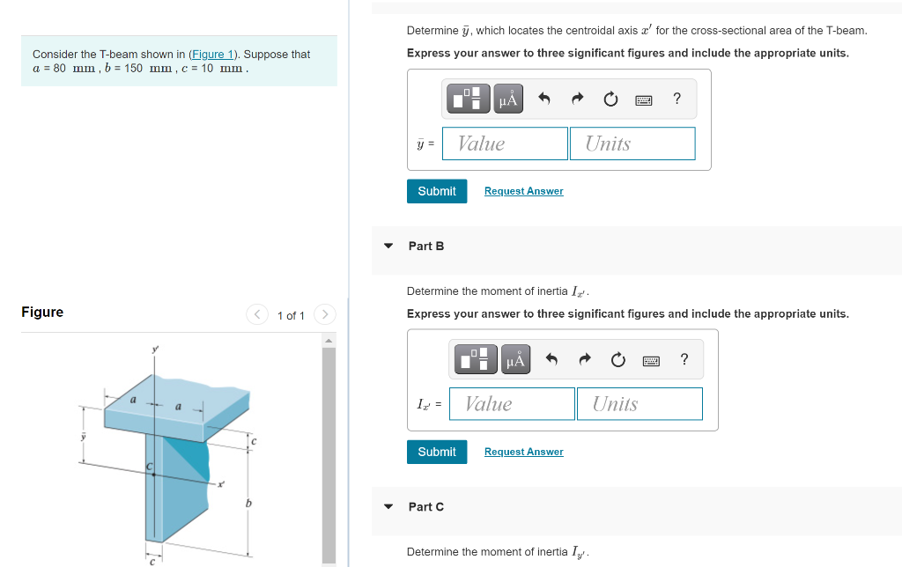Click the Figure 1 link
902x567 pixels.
[212, 54]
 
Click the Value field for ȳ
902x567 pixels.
[505, 144]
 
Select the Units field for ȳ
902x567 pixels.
[632, 144]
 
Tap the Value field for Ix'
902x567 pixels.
[512, 404]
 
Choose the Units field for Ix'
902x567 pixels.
[640, 404]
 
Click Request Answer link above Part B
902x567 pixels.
[523, 191]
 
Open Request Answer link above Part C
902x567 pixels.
[523, 452]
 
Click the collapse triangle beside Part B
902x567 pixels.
[388, 247]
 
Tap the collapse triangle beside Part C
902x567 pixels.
[388, 506]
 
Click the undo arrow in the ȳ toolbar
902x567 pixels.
[544, 99]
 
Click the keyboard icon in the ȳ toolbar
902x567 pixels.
[644, 100]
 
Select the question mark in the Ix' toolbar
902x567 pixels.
[684, 359]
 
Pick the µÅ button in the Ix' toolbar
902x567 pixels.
[515, 359]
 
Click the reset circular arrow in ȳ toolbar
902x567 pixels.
[610, 99]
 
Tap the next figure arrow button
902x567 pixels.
[325, 314]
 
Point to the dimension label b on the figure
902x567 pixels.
[248, 504]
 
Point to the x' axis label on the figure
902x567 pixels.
[221, 484]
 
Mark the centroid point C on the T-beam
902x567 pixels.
[153, 475]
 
